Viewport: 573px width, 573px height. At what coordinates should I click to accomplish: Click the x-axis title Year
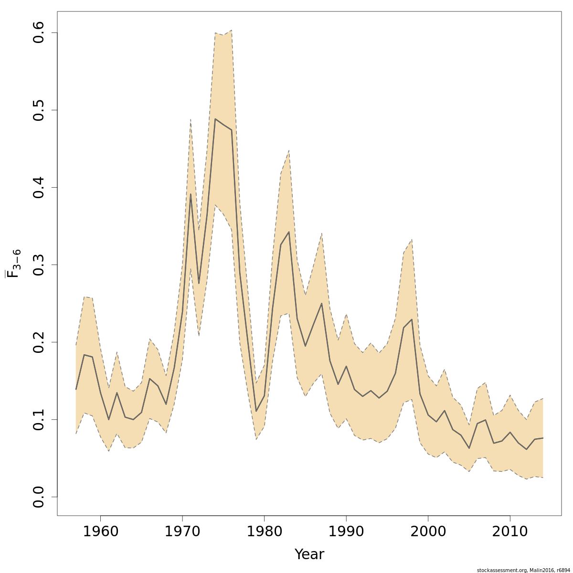tap(309, 554)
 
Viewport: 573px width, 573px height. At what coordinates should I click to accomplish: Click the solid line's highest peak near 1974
tap(215, 119)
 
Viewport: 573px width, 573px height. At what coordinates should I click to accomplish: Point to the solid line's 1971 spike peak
tap(191, 194)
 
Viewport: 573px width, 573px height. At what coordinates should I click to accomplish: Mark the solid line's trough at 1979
tap(256, 411)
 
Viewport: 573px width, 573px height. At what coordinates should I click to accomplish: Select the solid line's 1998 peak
tap(412, 319)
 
